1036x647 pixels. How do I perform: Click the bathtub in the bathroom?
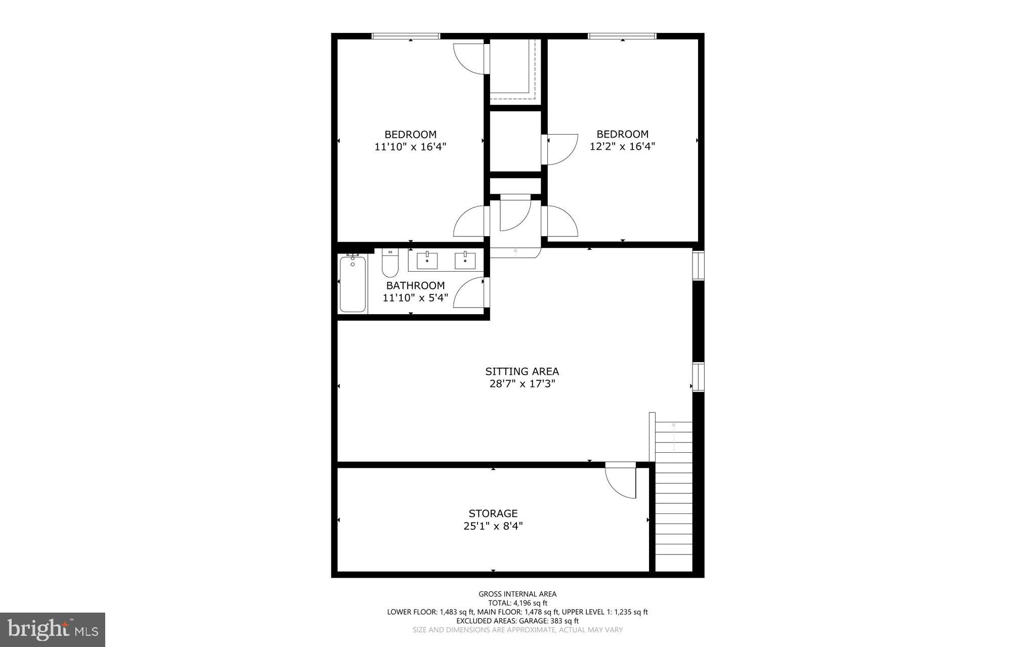[353, 284]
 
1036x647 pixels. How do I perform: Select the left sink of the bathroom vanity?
[427, 261]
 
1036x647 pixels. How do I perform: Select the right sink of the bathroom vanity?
[465, 261]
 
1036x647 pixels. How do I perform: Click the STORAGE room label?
[493, 513]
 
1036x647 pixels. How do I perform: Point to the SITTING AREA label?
[522, 371]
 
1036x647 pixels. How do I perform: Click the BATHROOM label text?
[415, 285]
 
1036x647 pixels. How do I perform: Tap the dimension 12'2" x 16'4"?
[622, 147]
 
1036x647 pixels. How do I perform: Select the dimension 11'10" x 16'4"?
[410, 147]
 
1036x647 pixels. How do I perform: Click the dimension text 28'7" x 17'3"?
[522, 384]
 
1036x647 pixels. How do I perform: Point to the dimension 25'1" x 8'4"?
[493, 526]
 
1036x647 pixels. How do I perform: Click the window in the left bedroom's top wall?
[406, 36]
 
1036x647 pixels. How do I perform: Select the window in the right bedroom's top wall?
[622, 36]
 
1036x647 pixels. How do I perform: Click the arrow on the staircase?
[673, 437]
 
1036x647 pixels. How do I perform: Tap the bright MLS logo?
[53, 629]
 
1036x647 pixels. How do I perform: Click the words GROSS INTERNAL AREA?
[517, 594]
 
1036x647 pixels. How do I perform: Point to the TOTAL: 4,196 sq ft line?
[517, 603]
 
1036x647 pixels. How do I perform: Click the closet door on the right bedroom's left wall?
[560, 149]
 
